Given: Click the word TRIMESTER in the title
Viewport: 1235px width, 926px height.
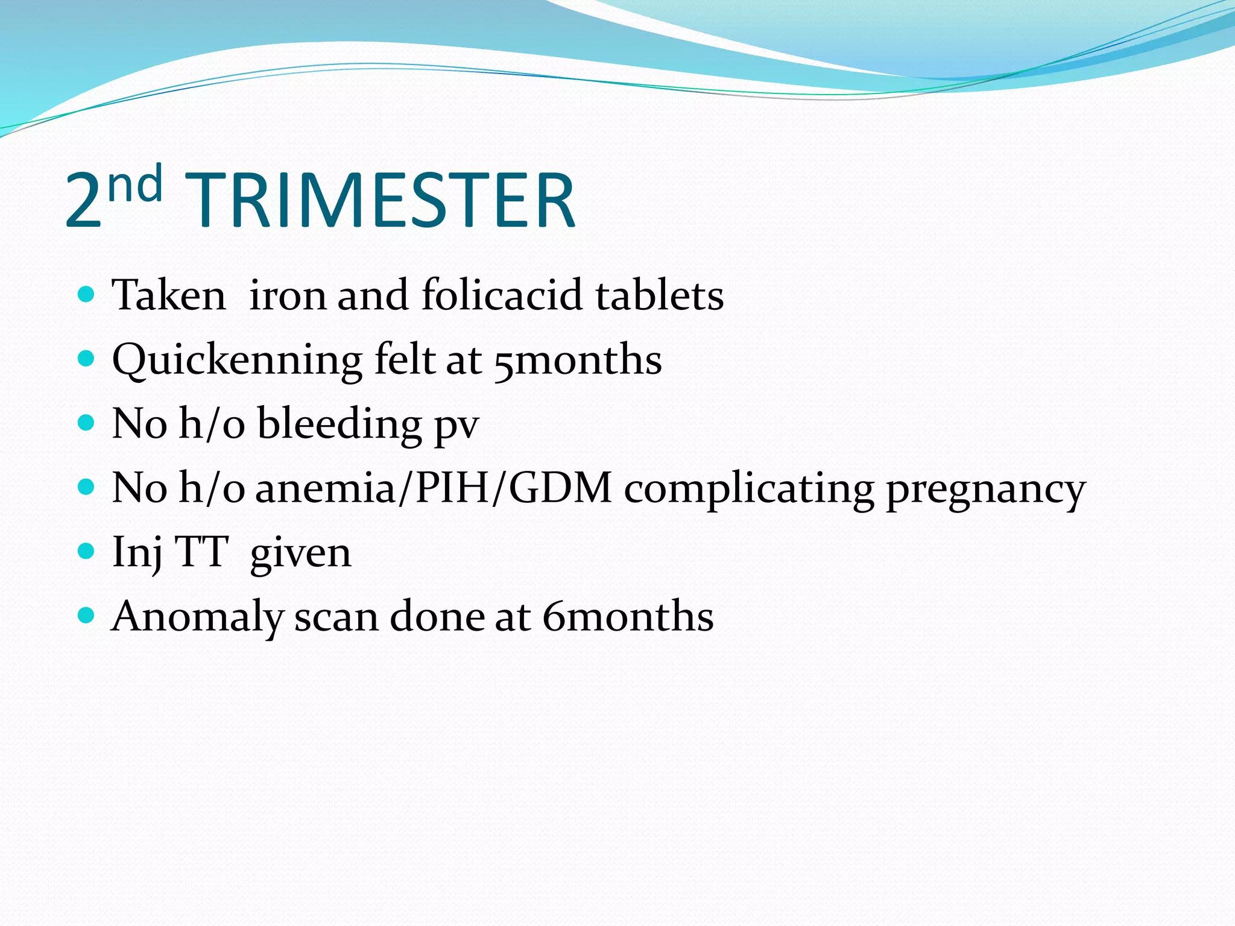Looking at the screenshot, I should click(380, 201).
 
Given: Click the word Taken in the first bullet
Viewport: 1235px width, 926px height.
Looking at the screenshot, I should click(169, 295).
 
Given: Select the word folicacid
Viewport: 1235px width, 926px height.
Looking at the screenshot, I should click(502, 295).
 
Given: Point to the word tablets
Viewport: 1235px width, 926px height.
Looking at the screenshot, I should click(660, 295).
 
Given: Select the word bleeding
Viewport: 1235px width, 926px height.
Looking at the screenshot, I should click(340, 424).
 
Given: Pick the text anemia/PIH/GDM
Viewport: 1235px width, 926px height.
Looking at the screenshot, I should click(434, 488).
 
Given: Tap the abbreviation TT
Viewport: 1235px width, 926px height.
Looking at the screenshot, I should click(201, 552).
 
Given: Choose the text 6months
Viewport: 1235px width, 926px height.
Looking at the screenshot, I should click(628, 616).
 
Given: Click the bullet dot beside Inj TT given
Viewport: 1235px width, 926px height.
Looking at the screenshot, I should click(87, 551).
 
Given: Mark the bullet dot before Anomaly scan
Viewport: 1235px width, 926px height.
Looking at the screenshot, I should click(87, 615).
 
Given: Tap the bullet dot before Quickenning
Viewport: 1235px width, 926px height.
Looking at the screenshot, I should click(87, 359).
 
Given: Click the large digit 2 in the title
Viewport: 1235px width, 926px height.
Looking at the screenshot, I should click(83, 201).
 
